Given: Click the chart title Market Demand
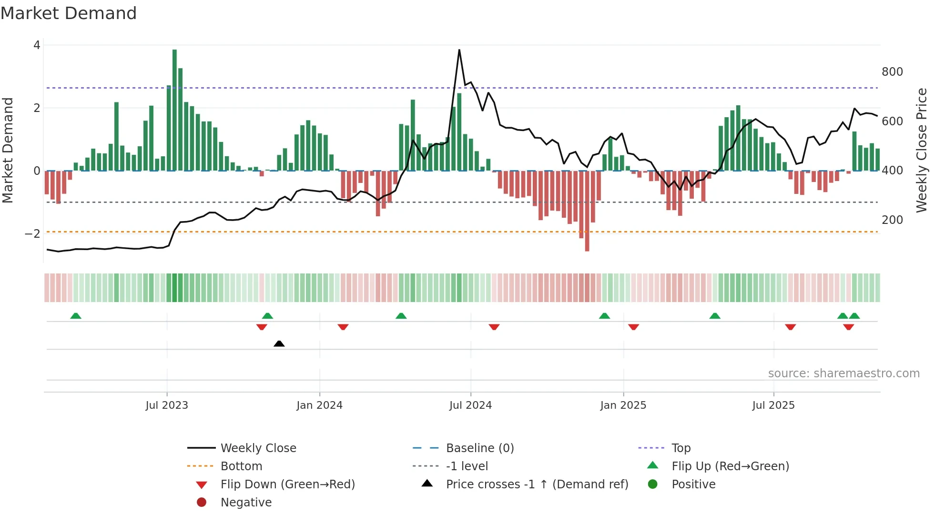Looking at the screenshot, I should [x=69, y=13].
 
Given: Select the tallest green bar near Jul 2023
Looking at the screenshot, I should [x=174, y=110].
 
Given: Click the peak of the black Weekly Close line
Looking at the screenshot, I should [x=459, y=50].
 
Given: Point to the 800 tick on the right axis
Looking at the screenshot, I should [x=892, y=72].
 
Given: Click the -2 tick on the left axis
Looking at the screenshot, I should [x=32, y=233].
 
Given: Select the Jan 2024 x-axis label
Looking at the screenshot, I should [x=319, y=405].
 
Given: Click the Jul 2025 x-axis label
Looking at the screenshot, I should [x=773, y=405].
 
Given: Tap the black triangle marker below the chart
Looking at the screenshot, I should [x=279, y=343].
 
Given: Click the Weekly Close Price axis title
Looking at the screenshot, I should [x=922, y=150].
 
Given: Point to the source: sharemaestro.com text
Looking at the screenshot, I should [x=843, y=374].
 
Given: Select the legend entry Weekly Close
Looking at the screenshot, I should [x=258, y=448].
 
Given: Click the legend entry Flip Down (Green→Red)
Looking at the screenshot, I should [x=287, y=485].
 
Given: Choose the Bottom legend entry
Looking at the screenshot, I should [x=241, y=466].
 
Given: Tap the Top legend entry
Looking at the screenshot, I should [x=680, y=448].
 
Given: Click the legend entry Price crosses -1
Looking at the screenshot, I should [x=537, y=485].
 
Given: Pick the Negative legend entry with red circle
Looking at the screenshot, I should [x=245, y=503].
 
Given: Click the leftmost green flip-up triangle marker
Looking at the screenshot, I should [x=76, y=316].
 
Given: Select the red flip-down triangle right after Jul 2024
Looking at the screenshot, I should [x=494, y=327].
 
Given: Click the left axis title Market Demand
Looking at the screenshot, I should [x=8, y=150].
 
